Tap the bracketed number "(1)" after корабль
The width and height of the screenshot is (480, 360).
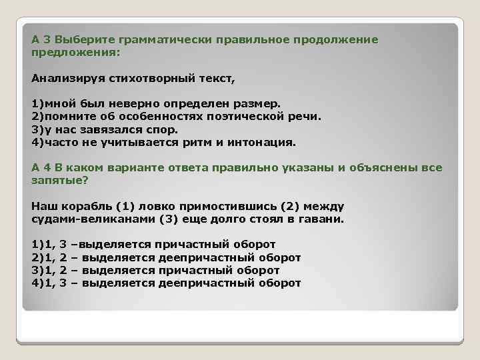click(x=125, y=207)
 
